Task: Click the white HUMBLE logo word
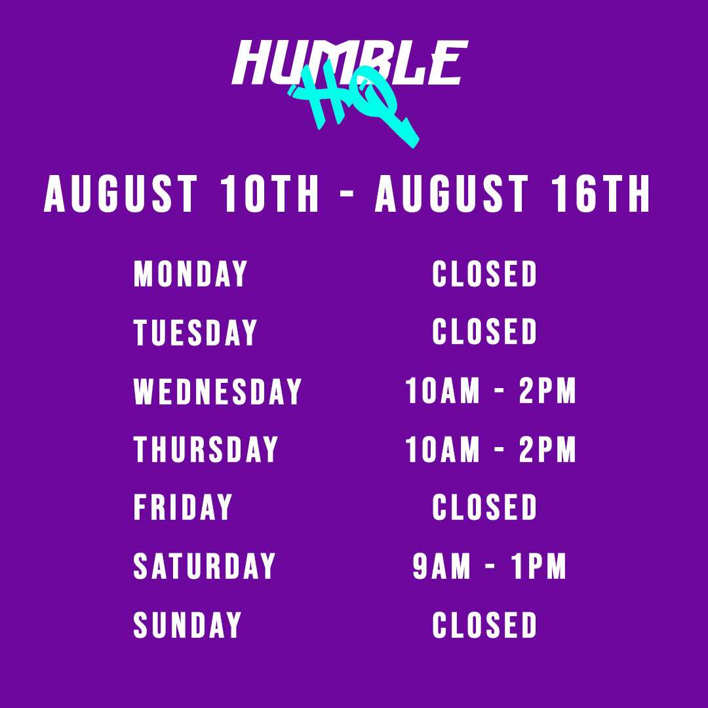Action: click(350, 62)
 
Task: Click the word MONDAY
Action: click(191, 273)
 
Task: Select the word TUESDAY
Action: click(195, 332)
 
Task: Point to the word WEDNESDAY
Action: click(217, 391)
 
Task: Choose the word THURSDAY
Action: click(205, 449)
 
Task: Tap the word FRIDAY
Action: click(183, 507)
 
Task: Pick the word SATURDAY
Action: click(204, 566)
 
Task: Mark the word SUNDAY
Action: click(187, 625)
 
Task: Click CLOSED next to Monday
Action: click(484, 273)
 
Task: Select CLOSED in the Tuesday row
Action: click(484, 332)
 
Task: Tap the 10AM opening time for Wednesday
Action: click(442, 390)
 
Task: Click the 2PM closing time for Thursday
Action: click(547, 449)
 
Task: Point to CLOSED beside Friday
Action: click(484, 507)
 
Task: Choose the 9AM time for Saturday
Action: click(442, 566)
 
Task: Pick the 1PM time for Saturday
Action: click(539, 566)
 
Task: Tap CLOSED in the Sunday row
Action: click(484, 625)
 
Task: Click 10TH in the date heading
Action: click(269, 193)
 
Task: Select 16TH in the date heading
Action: click(601, 193)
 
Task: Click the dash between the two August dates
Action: click(347, 193)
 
